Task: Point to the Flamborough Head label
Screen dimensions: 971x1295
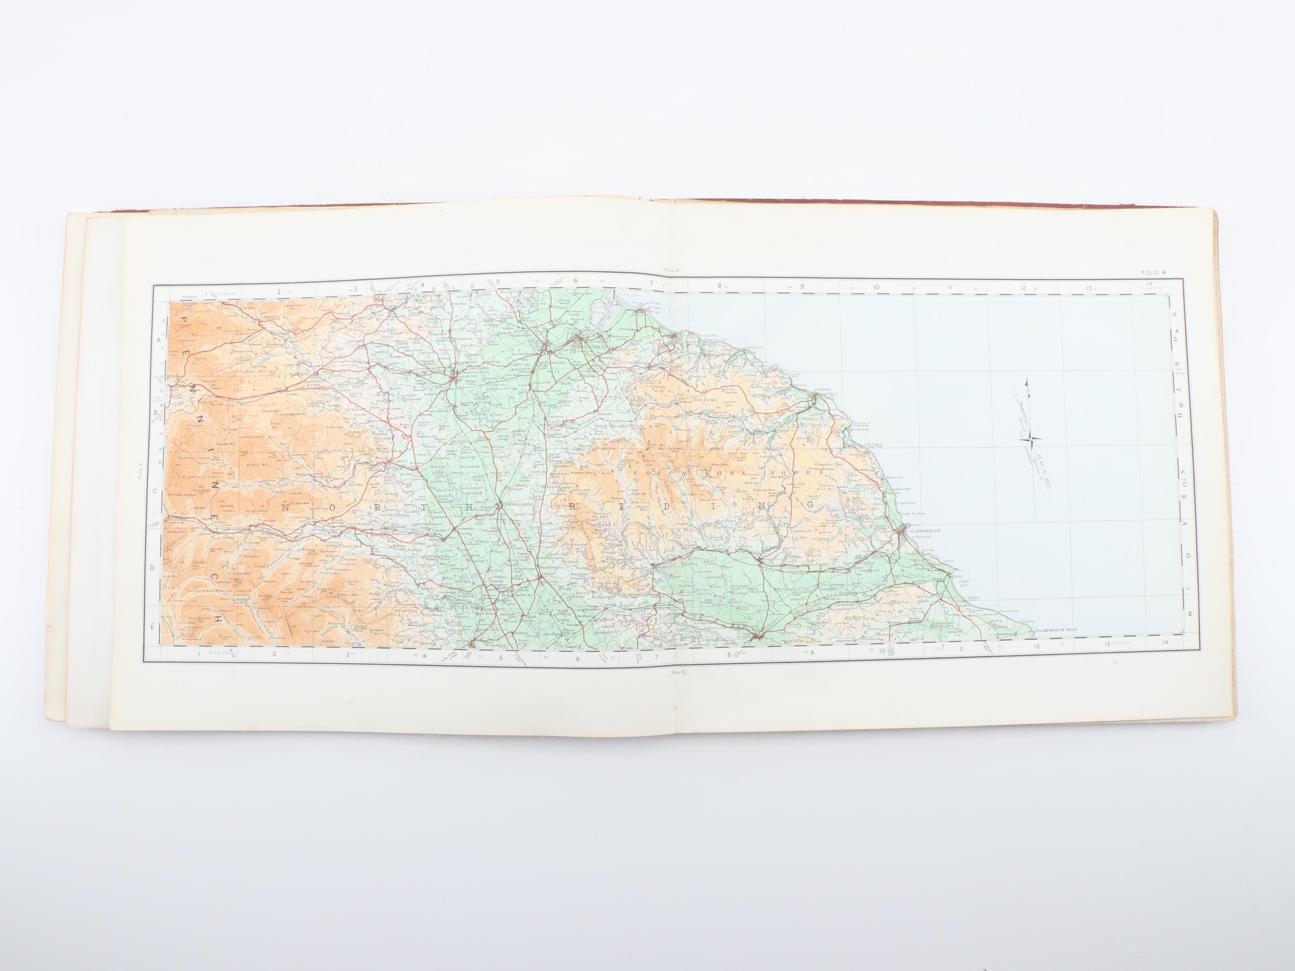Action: coord(1055,630)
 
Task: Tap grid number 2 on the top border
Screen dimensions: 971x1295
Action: coord(279,290)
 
